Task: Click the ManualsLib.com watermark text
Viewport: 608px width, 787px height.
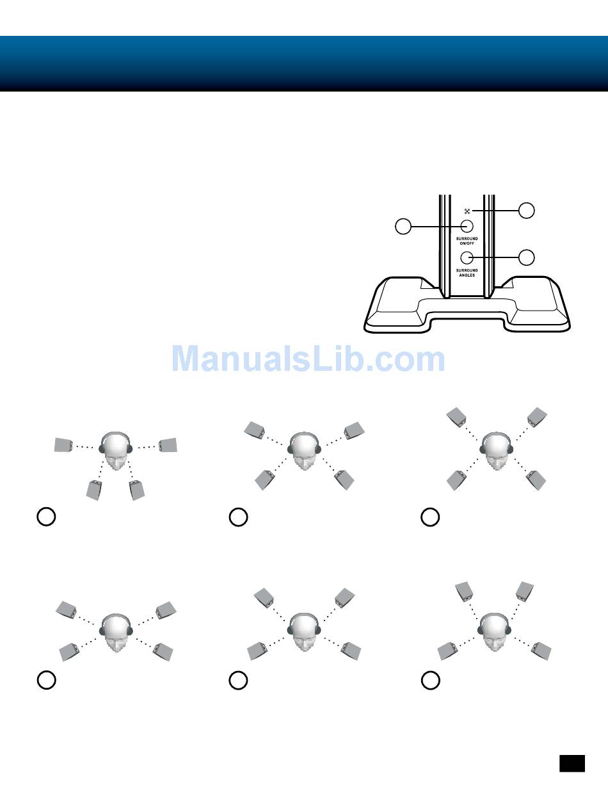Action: (308, 359)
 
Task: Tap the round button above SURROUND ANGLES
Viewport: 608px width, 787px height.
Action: (467, 257)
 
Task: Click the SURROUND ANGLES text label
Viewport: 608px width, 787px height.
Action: (467, 272)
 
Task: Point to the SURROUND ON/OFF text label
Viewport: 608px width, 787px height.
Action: (467, 241)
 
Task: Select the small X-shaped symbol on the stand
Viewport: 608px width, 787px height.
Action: (467, 211)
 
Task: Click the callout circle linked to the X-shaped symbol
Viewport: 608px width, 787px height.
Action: (526, 210)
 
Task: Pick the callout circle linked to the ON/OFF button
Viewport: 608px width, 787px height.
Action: (403, 226)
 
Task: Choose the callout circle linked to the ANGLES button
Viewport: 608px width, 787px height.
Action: (526, 257)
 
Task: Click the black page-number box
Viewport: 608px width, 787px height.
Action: (572, 763)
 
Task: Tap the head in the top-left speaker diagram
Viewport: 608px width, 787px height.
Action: (116, 451)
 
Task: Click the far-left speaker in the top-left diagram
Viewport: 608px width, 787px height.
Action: (63, 444)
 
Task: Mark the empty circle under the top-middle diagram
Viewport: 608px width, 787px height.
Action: (238, 517)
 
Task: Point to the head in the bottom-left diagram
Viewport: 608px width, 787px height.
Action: (116, 631)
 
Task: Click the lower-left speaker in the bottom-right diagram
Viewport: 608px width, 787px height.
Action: (449, 652)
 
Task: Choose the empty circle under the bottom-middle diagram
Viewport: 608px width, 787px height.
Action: (238, 681)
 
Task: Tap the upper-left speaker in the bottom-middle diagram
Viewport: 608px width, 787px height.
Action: (264, 597)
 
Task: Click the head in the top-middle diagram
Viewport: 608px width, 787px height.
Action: (305, 451)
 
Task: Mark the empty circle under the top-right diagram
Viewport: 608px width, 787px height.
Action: (430, 517)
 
